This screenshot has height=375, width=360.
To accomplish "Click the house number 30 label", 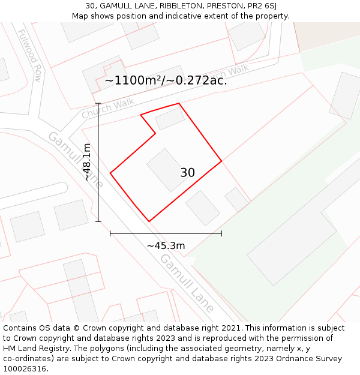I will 187,173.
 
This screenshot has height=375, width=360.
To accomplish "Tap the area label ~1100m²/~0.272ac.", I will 166,80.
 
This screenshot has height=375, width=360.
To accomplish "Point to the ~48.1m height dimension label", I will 88,162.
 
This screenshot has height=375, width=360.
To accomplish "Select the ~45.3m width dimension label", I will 166,245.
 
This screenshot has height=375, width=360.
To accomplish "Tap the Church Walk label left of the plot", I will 100,109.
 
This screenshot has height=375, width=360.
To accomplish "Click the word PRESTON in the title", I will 224,6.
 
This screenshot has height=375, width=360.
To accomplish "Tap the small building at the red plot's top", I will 170,119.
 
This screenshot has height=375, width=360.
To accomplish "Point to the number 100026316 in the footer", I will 25,369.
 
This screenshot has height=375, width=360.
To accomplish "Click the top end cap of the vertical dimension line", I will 98,104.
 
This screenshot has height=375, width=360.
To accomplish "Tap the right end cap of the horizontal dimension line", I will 221,233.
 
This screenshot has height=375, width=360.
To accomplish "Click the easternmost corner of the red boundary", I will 221,161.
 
